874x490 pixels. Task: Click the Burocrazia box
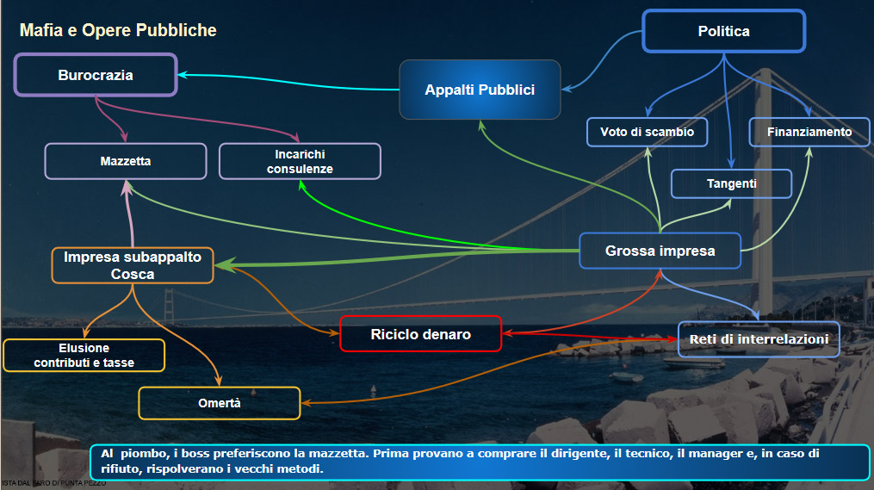tap(96, 75)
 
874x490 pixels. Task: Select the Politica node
tap(723, 32)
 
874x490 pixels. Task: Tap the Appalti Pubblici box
tap(480, 90)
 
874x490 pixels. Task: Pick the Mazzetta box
tap(126, 161)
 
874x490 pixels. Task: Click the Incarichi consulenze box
tap(300, 161)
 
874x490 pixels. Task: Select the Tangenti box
tap(731, 183)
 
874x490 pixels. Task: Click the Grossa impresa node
tap(660, 251)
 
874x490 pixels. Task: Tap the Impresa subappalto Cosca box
tap(133, 265)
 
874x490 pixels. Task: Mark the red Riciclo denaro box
tap(420, 334)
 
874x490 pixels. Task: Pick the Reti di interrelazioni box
tap(759, 339)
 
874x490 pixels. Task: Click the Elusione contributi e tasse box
tap(84, 355)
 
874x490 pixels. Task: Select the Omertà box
tap(219, 403)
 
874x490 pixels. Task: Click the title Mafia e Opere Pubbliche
tap(118, 31)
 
